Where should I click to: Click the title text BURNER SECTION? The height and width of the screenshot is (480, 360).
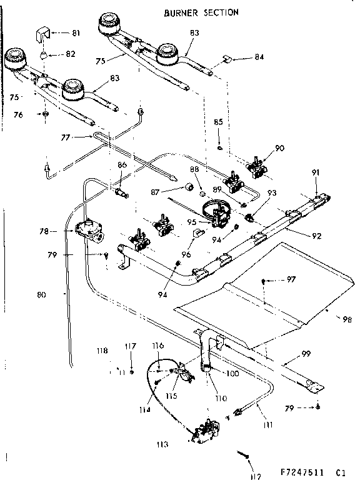[200, 12]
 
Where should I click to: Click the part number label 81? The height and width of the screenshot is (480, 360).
[76, 32]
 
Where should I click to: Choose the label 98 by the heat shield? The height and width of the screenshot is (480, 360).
[346, 319]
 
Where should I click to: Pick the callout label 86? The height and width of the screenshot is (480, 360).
[122, 165]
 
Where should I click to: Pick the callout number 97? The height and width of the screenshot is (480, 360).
[291, 279]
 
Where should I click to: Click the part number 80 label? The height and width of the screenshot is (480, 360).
[41, 294]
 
